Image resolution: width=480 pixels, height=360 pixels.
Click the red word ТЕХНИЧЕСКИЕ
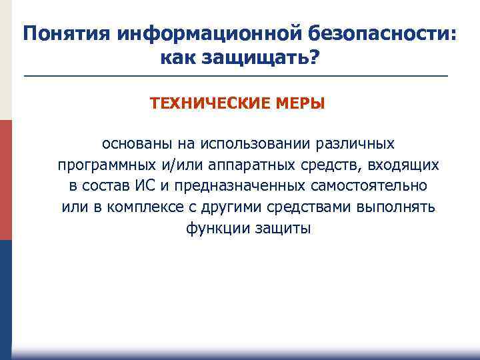click(207, 104)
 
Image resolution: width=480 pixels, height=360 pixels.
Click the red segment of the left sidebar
click(5, 180)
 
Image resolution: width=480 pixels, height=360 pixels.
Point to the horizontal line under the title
click(236, 77)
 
